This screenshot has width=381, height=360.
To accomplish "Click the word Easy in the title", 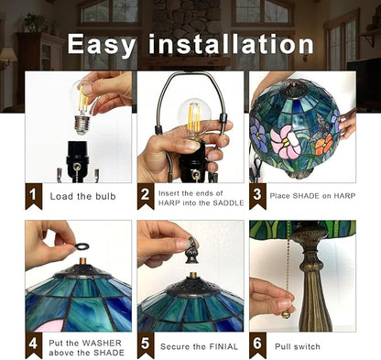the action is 101,45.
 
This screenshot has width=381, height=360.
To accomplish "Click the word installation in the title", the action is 232,44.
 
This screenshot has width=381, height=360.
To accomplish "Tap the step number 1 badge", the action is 33,196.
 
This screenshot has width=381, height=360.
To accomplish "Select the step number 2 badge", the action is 146,196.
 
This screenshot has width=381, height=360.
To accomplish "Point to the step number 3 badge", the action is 257,196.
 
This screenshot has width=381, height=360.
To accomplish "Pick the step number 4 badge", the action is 33,345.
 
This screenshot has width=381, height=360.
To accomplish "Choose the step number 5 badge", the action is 146,345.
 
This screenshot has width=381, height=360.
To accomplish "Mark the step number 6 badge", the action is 257,345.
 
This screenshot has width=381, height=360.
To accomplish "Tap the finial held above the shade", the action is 191,251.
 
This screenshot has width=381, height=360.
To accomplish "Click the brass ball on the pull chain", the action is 286,314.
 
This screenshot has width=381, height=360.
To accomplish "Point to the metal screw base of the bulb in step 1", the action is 82,125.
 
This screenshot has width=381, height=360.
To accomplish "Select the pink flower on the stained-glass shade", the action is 286,143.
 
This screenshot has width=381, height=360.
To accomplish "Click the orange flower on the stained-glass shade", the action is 324,145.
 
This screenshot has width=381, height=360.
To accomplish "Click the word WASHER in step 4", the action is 103,343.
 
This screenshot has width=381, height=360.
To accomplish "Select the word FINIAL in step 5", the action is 223,347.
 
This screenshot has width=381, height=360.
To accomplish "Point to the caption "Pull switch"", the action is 298,347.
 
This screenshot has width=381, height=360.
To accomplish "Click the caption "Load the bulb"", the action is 83,196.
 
